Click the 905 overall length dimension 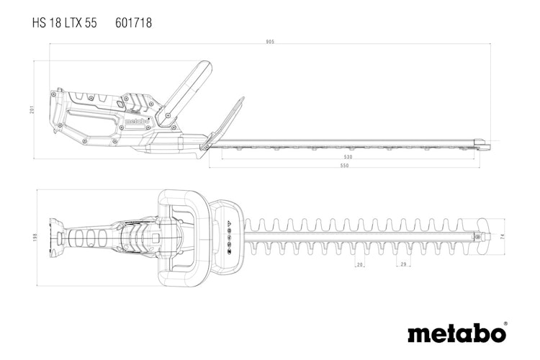point(270,42)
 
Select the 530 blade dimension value point(348,156)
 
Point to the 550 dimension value point(344,166)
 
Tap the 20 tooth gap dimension point(360,265)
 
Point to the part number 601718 point(133,23)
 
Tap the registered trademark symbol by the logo point(505,324)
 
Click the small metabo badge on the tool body point(136,122)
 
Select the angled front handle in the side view point(185,91)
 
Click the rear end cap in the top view point(54,237)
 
